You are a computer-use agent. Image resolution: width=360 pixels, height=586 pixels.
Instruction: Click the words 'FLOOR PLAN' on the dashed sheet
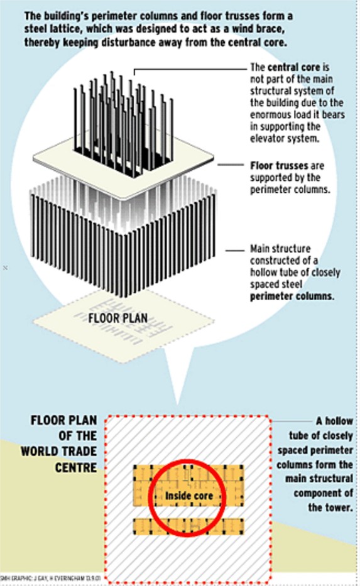(x=117, y=318)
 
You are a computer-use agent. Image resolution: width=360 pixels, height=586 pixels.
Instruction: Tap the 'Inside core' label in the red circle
(x=188, y=496)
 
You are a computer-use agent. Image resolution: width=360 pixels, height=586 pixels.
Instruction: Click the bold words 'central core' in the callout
(x=294, y=67)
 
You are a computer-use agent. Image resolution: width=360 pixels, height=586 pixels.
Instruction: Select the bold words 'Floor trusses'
(x=279, y=166)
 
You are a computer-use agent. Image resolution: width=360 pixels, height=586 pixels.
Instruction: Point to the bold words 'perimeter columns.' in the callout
(x=292, y=296)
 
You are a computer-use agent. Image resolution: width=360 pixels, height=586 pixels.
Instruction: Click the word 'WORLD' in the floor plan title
(x=41, y=452)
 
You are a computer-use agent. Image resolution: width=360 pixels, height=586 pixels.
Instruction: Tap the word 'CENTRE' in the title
(x=76, y=467)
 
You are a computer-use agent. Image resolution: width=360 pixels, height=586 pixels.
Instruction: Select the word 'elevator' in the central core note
(x=267, y=138)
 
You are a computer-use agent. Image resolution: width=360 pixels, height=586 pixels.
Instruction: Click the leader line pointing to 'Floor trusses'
(x=231, y=165)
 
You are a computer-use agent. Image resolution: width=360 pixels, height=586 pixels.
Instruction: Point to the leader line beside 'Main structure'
(x=235, y=250)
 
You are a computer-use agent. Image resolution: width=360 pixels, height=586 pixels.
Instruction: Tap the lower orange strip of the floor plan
(x=188, y=526)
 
